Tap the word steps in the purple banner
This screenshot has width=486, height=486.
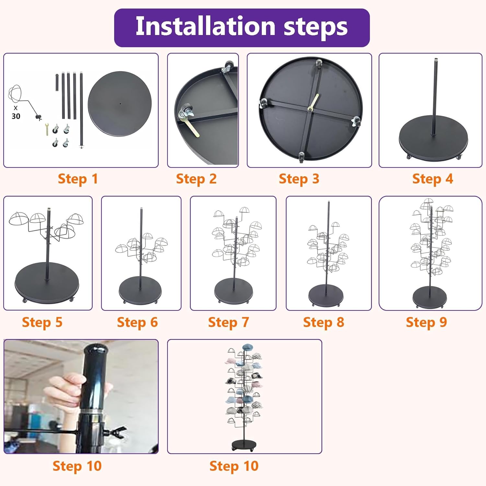tap(316, 28)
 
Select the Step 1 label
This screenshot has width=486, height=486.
tap(78, 179)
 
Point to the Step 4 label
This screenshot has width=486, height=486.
tap(433, 179)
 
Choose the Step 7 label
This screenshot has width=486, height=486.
tap(228, 323)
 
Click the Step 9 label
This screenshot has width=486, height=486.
tap(426, 323)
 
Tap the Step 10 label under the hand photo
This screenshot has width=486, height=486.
tap(77, 466)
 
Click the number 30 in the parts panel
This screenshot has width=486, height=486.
tap(16, 116)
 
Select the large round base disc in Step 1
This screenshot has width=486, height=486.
tap(120, 104)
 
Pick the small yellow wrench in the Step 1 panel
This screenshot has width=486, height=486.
tap(47, 129)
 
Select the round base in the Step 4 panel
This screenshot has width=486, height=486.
tap(433, 138)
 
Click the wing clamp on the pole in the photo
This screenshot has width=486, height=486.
tap(114, 432)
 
